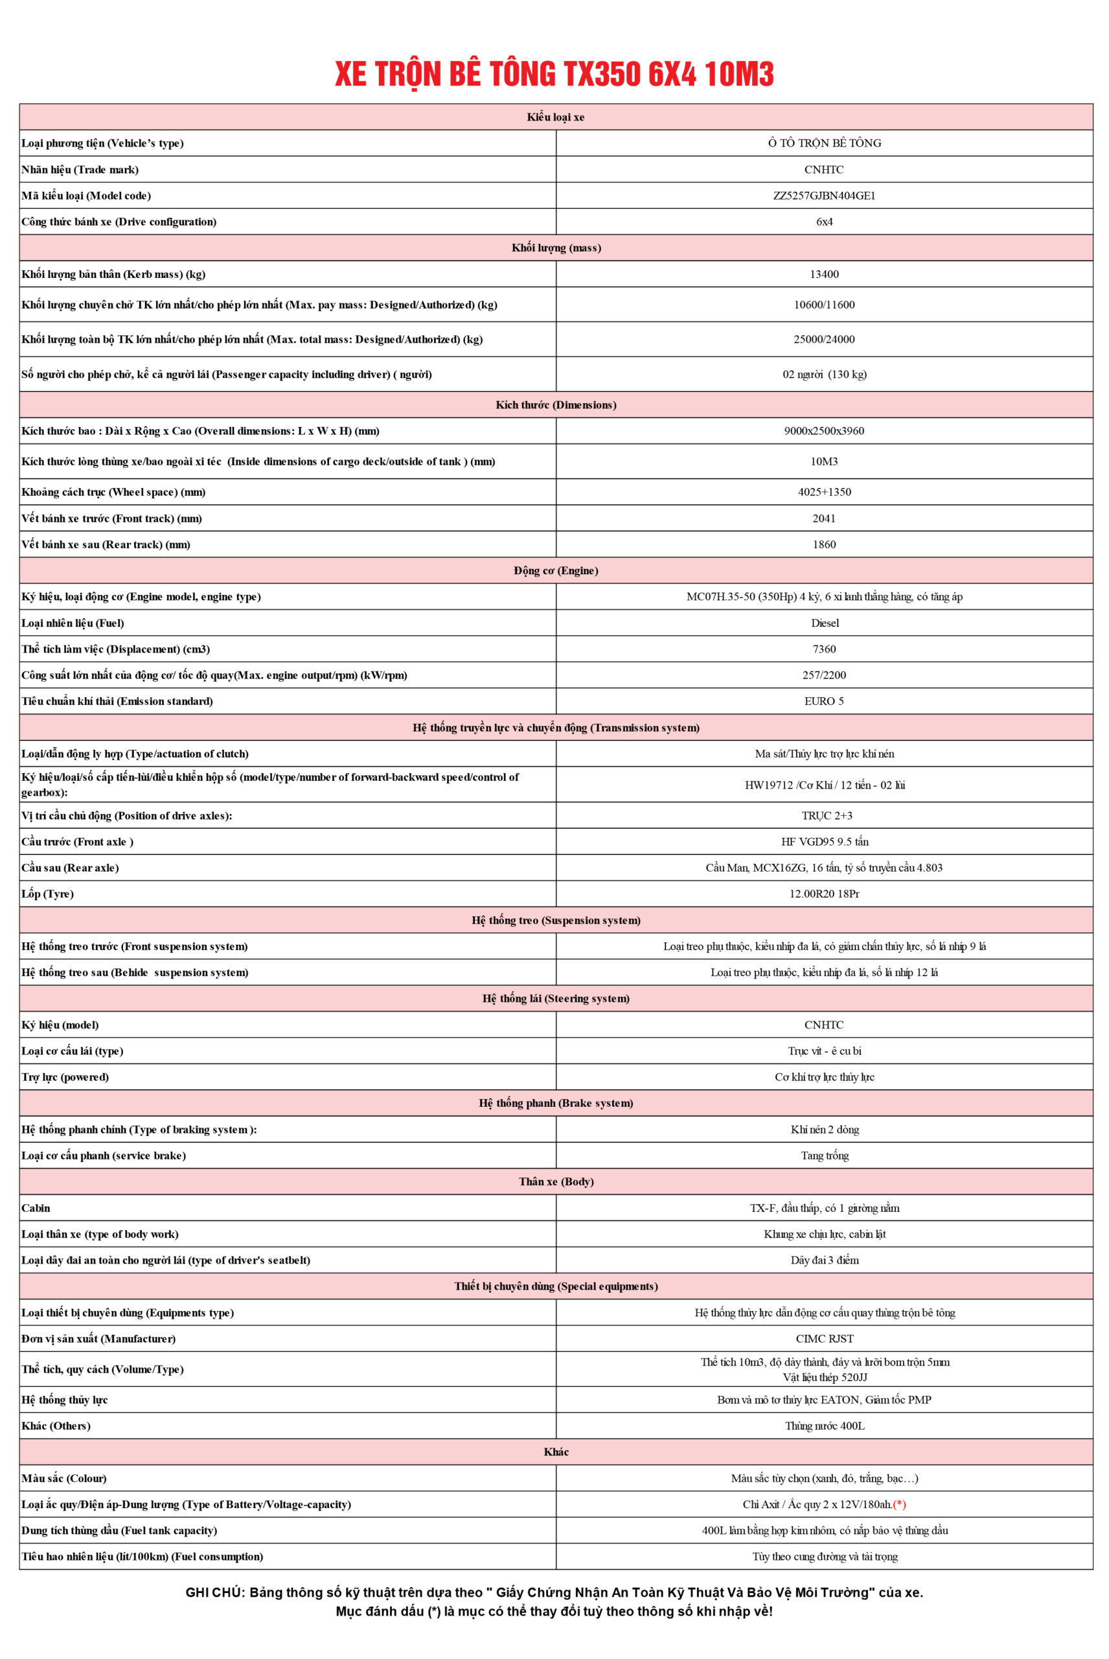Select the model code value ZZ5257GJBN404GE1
click(x=824, y=195)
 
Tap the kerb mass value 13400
click(x=824, y=273)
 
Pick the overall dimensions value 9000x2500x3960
click(x=824, y=431)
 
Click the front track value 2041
click(x=824, y=518)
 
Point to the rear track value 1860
click(x=824, y=545)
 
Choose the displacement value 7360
click(x=824, y=649)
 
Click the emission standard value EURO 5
click(x=824, y=701)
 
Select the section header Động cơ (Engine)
click(x=556, y=571)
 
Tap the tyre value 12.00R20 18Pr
click(x=824, y=894)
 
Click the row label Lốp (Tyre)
click(x=47, y=894)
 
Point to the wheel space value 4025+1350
click(x=824, y=493)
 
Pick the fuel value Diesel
click(x=825, y=623)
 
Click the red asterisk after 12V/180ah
click(x=900, y=1505)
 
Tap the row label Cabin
click(x=36, y=1209)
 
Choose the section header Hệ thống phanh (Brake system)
click(x=556, y=1104)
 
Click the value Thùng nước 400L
click(x=825, y=1426)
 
